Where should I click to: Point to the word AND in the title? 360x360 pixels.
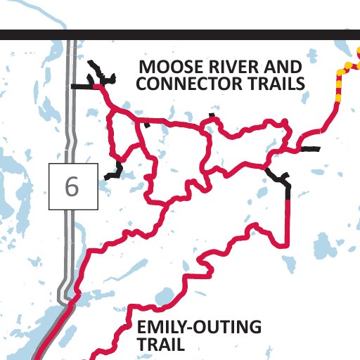[x=278, y=67]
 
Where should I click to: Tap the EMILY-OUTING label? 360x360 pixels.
[x=199, y=328]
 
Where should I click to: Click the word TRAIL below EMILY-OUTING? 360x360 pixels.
[x=161, y=345]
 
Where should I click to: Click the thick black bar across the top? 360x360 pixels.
[x=180, y=34]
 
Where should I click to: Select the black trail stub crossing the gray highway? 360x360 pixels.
[x=82, y=86]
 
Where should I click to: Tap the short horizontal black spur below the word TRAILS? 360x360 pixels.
[x=309, y=149]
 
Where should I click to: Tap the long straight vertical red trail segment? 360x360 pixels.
[x=288, y=218]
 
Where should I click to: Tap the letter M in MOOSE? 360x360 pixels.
[x=146, y=67]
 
